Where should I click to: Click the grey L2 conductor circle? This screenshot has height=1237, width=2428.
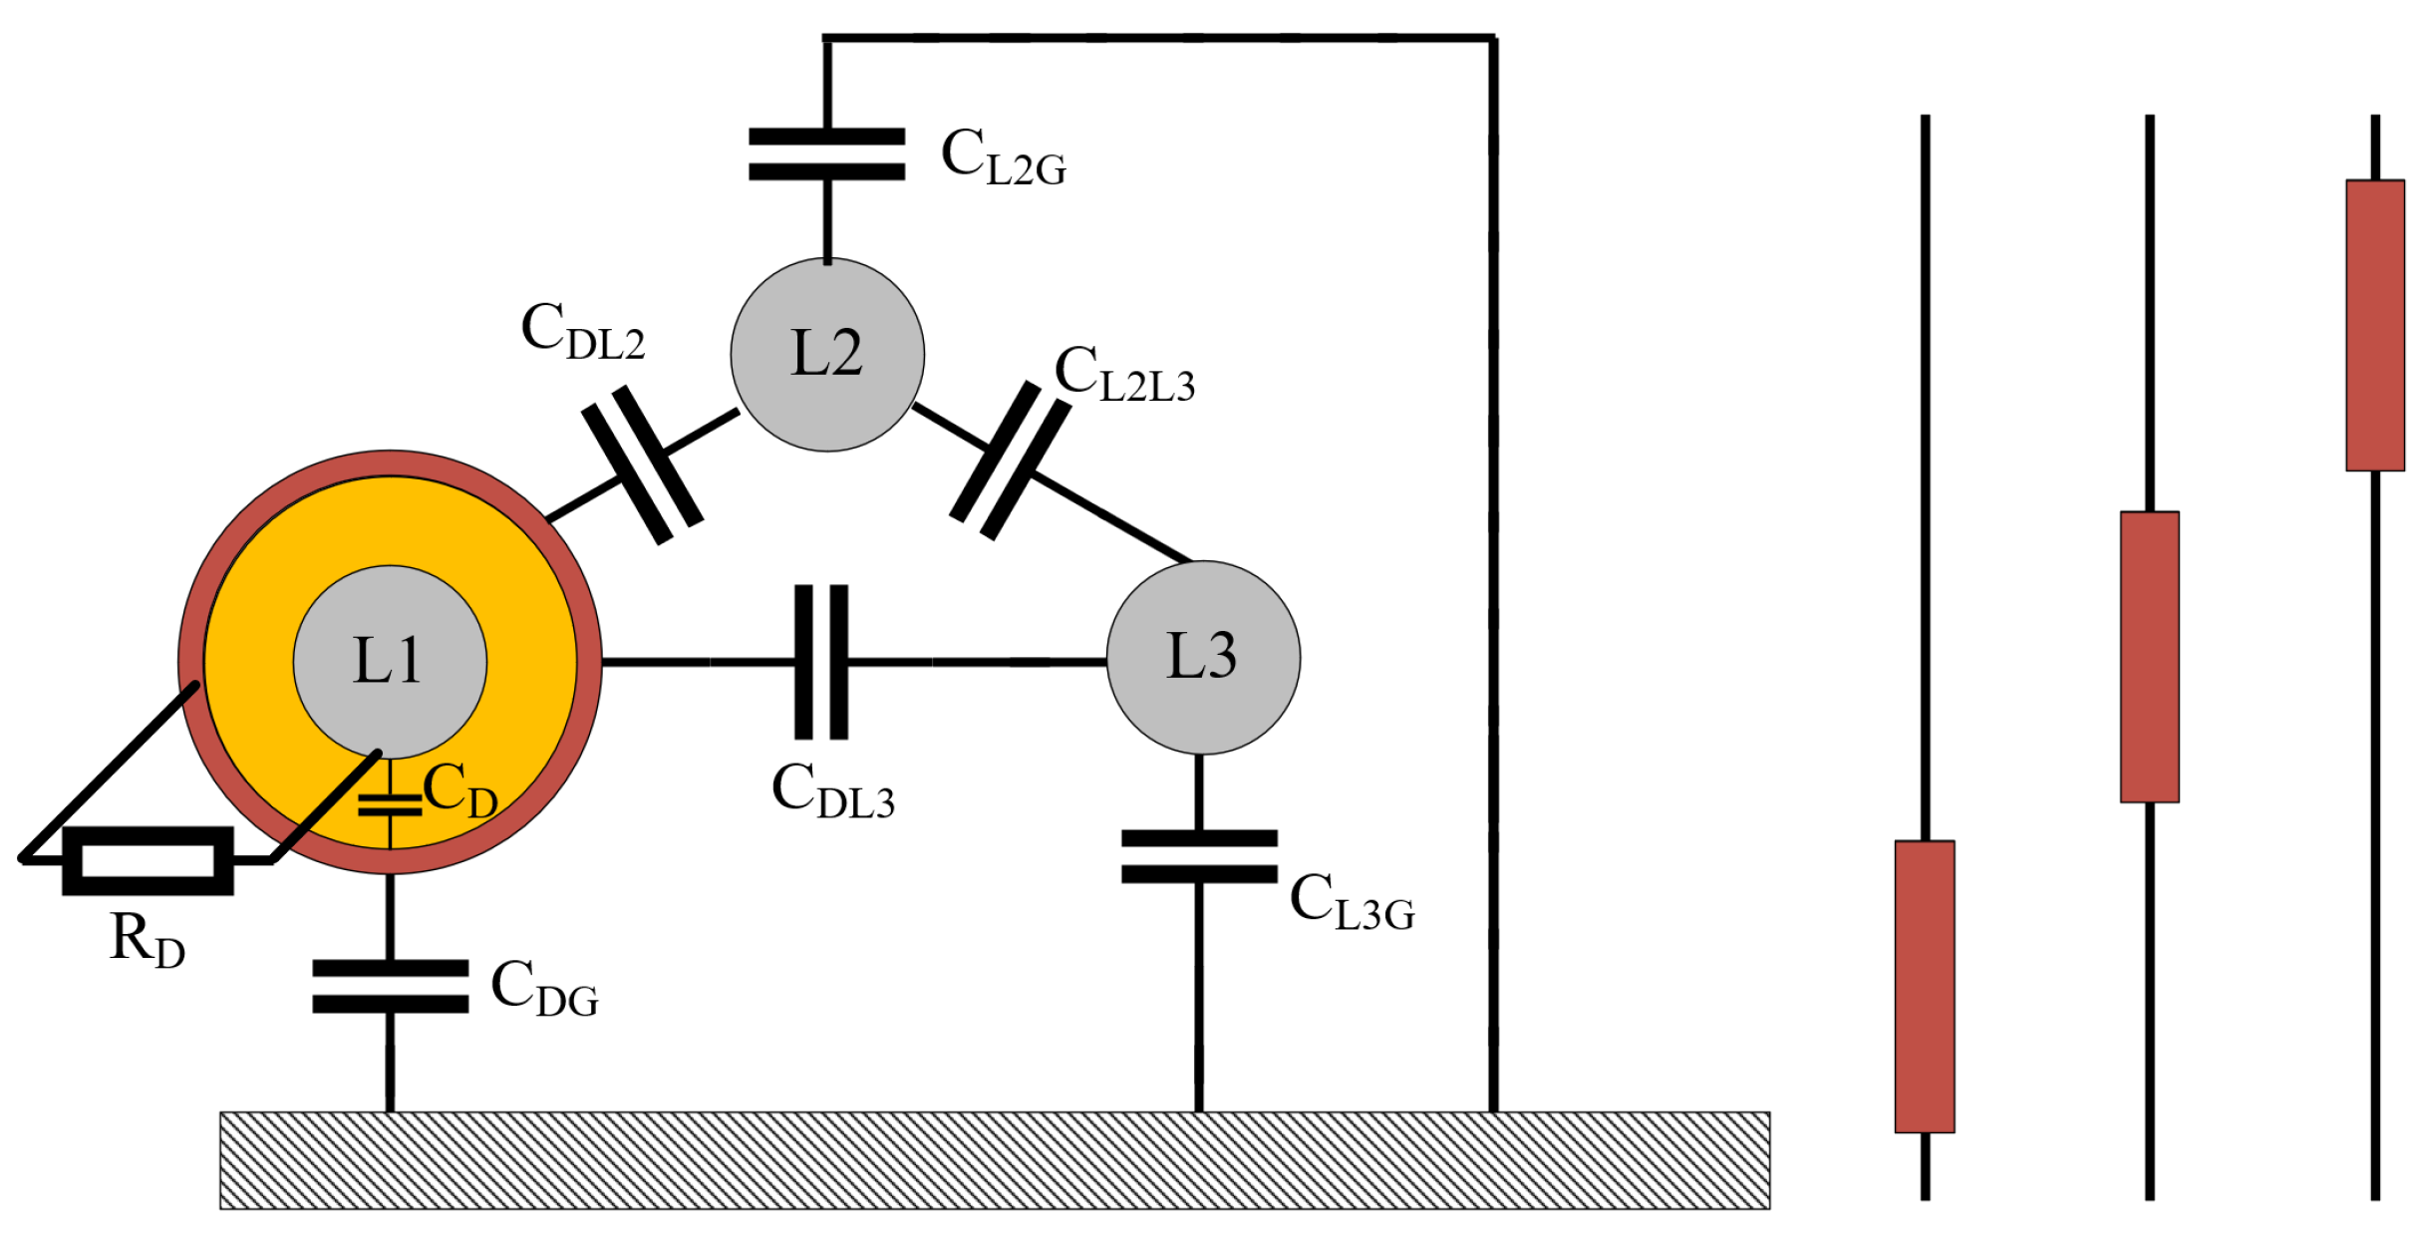(827, 355)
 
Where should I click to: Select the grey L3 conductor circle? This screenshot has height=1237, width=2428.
(1203, 657)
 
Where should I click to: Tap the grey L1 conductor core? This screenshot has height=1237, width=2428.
(390, 662)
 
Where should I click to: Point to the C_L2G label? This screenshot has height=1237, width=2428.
(1004, 157)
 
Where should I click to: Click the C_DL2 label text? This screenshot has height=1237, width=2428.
(583, 332)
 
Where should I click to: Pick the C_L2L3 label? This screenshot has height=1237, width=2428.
(1124, 375)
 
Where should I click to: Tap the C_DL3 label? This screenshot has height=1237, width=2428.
(833, 791)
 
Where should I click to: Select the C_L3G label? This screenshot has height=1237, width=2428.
(1352, 902)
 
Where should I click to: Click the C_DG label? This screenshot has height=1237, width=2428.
(544, 988)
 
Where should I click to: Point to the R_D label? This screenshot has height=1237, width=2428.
(147, 940)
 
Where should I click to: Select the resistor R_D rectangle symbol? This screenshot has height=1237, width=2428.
(148, 860)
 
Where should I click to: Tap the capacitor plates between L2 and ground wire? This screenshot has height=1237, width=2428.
(827, 155)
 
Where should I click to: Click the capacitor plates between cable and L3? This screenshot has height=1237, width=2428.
(821, 662)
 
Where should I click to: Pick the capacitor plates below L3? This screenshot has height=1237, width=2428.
(1199, 856)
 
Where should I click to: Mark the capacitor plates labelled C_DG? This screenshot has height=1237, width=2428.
(390, 987)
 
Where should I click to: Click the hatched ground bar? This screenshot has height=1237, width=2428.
(995, 1160)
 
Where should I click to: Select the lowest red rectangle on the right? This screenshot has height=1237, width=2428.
(1925, 987)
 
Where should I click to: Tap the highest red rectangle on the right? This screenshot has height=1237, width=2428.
(2375, 325)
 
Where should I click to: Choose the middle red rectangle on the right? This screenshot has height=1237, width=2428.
(2150, 657)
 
